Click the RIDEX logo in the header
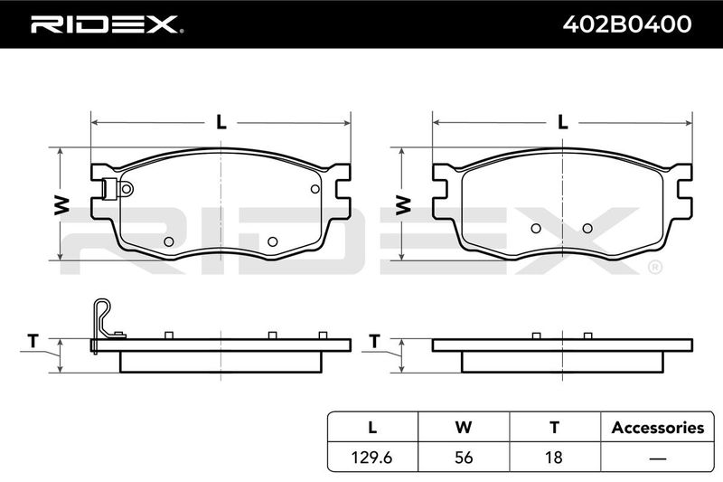coord(107,24)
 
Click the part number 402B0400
coord(627,24)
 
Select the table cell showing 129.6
coord(371,457)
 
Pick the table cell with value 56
coord(464,457)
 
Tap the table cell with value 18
coord(554,457)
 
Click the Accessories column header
coord(658,428)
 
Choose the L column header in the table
coord(372,427)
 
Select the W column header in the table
coord(464,427)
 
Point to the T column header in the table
coord(555,427)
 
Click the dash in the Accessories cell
coord(658,458)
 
